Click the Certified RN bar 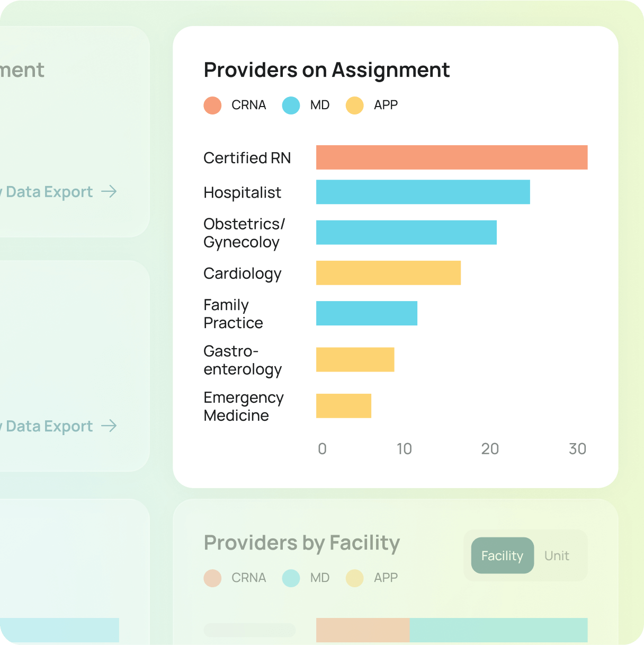451,157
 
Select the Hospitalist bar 423,192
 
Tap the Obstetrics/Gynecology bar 406,233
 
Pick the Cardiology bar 388,273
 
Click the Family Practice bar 366,313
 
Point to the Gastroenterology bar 355,359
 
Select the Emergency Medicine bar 343,406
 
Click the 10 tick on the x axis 404,449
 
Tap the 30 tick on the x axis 577,449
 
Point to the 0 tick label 322,449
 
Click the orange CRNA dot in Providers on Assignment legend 212,105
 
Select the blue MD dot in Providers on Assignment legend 291,105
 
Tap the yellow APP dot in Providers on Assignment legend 354,105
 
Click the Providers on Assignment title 327,70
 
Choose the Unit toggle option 557,555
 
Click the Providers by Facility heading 302,543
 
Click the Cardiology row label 243,273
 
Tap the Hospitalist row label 242,192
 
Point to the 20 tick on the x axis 490,449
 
